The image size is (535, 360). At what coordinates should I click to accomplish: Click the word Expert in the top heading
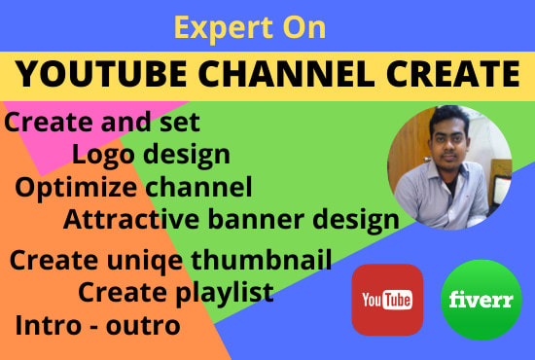(224, 28)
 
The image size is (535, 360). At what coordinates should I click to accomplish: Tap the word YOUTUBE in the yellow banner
(101, 74)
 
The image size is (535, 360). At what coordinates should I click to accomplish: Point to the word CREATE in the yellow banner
(453, 74)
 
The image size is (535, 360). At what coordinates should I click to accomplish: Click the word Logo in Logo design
(103, 156)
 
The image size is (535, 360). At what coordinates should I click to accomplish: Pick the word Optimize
(76, 189)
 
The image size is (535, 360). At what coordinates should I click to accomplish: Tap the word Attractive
(130, 220)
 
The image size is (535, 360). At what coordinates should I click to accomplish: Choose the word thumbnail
(262, 260)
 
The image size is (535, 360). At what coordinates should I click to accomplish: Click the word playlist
(225, 293)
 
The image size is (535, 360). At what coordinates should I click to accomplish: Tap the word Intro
(48, 325)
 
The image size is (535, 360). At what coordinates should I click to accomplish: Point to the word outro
(143, 326)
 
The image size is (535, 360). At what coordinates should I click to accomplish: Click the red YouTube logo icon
(387, 300)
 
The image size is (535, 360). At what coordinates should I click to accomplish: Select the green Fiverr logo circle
(481, 300)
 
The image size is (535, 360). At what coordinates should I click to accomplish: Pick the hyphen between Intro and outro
(93, 328)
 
